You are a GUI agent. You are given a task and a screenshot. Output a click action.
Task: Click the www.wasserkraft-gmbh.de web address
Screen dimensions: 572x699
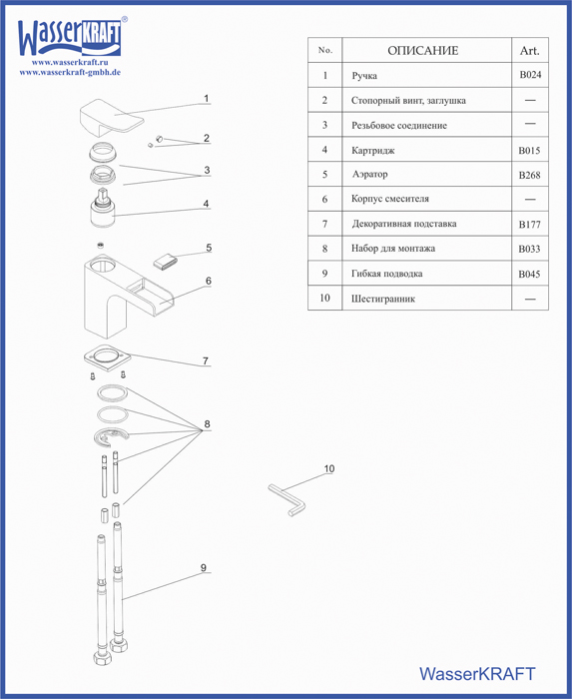(70, 72)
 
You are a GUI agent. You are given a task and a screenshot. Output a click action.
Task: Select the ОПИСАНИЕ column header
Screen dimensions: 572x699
(423, 50)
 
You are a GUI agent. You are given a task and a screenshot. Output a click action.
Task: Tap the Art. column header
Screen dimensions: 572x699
(530, 51)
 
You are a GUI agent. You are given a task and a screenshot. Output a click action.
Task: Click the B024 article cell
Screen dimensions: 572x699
(530, 75)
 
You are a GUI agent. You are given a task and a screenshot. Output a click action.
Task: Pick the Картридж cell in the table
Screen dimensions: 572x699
(373, 151)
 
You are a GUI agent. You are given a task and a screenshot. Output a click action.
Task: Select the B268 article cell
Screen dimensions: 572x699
(530, 175)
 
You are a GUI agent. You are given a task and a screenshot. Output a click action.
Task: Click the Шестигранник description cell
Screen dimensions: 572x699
(383, 299)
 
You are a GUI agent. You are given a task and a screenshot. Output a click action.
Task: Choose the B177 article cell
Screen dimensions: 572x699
(530, 225)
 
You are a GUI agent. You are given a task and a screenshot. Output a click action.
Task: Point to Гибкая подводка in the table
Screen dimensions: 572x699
(386, 274)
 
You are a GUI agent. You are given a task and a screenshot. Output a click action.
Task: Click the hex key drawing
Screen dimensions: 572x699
(287, 500)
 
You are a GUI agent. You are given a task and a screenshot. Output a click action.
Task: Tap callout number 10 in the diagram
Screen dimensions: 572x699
(328, 468)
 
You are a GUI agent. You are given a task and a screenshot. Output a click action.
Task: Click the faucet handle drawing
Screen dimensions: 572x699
(112, 118)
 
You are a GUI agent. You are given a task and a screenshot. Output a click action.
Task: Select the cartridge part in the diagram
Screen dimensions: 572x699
(103, 208)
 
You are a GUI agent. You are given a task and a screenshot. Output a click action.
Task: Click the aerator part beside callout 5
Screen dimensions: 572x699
(165, 262)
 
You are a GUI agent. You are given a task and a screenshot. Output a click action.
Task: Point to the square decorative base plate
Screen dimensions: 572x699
(107, 356)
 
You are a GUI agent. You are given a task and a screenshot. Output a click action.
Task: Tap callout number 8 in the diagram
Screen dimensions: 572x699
(207, 424)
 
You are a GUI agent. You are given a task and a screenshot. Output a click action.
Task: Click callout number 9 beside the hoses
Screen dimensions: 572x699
(203, 568)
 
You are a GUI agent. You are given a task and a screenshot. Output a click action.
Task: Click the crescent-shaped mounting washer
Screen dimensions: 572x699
(112, 436)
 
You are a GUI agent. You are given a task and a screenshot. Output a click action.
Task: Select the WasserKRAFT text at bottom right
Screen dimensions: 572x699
(477, 674)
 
